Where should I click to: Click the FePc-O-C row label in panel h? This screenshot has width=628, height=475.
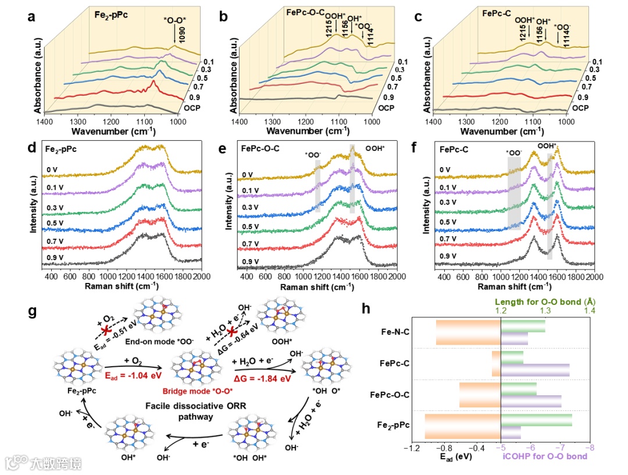pos(390,395)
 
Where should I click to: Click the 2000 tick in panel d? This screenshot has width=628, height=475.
pos(201,277)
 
